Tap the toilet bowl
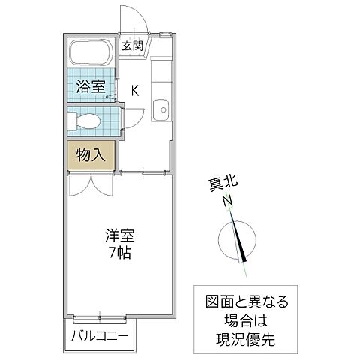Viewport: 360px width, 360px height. [85, 120]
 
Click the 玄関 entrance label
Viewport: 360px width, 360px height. [133, 46]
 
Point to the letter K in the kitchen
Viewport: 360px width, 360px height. [135, 91]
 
